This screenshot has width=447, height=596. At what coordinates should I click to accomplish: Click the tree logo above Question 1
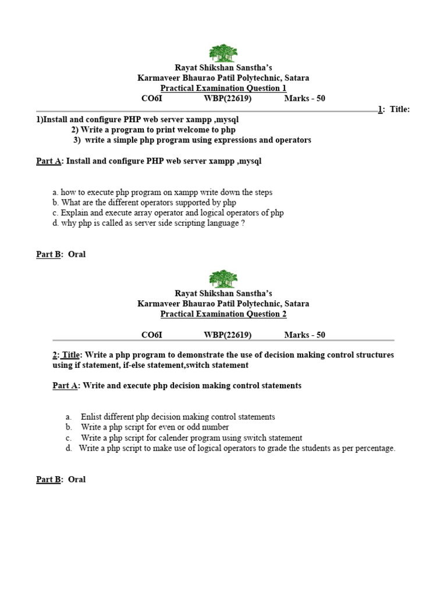[x=223, y=53]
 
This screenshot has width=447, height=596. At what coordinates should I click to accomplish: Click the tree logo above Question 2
[x=223, y=279]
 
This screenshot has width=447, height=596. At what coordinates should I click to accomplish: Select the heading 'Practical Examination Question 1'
[x=223, y=88]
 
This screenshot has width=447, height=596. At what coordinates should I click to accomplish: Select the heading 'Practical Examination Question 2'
[x=223, y=314]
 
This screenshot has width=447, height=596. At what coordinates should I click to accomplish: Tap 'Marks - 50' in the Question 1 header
[x=304, y=98]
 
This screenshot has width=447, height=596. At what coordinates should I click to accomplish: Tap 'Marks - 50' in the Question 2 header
[x=304, y=335]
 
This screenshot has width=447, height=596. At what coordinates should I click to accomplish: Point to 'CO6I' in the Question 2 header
[x=152, y=335]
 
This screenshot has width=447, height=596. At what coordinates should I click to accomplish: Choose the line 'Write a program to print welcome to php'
[x=157, y=130]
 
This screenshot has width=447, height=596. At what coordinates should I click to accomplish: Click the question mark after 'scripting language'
[x=243, y=223]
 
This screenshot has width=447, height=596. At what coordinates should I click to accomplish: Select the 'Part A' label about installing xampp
[x=49, y=161]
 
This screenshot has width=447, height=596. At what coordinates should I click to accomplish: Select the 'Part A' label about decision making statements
[x=65, y=385]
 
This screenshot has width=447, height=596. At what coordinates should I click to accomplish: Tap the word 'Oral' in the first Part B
[x=77, y=254]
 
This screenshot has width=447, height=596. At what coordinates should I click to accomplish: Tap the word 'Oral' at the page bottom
[x=77, y=480]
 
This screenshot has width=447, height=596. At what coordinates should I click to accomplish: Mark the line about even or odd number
[x=155, y=427]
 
